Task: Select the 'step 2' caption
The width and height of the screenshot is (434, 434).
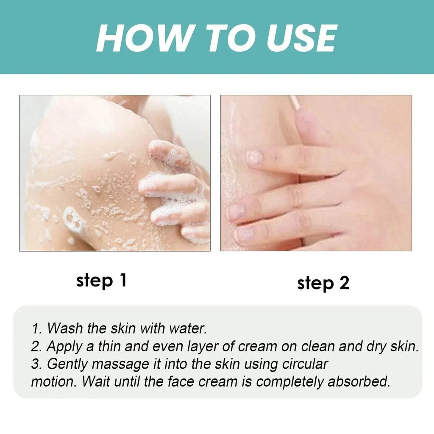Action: coord(323,283)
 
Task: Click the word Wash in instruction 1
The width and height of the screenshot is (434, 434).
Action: coord(63,328)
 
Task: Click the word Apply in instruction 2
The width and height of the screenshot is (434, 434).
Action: coord(64,346)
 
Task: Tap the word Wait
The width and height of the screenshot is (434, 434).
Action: coord(96,381)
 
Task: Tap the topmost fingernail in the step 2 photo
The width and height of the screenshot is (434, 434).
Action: coord(255,157)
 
